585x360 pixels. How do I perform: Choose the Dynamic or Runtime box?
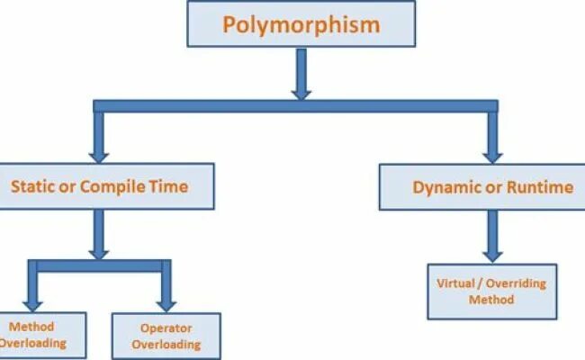(x=492, y=187)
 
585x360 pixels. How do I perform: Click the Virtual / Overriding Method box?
(x=491, y=291)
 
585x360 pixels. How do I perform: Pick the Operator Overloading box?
(x=166, y=335)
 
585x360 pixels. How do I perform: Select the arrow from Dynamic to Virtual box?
(x=491, y=236)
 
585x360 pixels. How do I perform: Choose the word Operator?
(x=166, y=328)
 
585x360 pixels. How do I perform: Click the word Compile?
(x=111, y=187)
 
